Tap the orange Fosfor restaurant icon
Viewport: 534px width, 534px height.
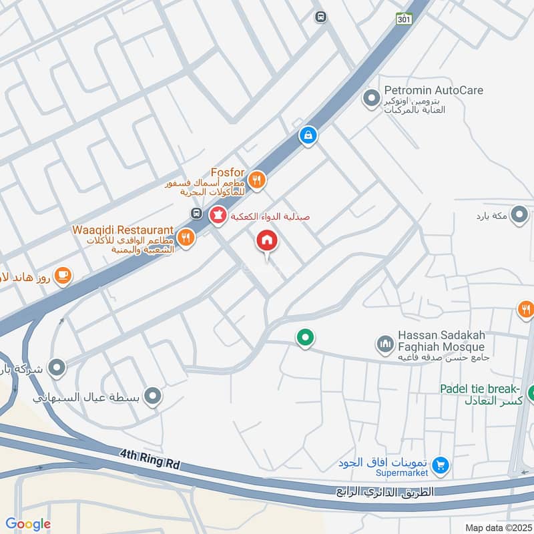257,180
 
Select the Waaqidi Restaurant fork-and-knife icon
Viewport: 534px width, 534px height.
186,236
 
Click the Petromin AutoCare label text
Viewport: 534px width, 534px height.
433,90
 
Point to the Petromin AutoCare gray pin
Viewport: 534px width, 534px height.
370,99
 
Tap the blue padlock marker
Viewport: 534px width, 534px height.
307,136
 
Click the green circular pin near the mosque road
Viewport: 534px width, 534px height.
305,338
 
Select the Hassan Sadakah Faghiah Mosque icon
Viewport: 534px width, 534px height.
384,345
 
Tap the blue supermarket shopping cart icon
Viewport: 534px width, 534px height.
440,466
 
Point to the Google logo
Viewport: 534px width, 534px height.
28,524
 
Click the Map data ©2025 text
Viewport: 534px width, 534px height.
497,527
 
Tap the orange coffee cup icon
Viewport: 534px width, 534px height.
63,275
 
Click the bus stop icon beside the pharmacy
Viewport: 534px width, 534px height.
197,214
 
